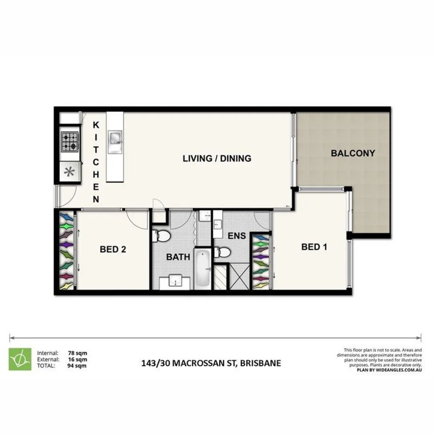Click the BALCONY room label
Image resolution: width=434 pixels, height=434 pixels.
pos(353,153)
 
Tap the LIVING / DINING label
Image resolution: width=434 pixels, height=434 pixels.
pos(217,158)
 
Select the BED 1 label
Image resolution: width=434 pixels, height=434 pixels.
pos(314,247)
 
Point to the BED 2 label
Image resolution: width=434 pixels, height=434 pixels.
pos(113,250)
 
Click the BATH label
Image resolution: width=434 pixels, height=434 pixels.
pos(178,257)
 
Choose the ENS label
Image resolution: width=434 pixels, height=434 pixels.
pos(236,236)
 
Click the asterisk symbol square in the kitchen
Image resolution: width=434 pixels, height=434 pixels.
pos(70,172)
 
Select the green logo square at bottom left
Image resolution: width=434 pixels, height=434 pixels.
pos(20,359)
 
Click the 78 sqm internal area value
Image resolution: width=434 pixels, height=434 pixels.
pos(78,353)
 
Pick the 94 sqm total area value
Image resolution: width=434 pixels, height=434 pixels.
pos(78,366)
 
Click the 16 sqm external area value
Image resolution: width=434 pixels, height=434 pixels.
pos(78,359)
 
